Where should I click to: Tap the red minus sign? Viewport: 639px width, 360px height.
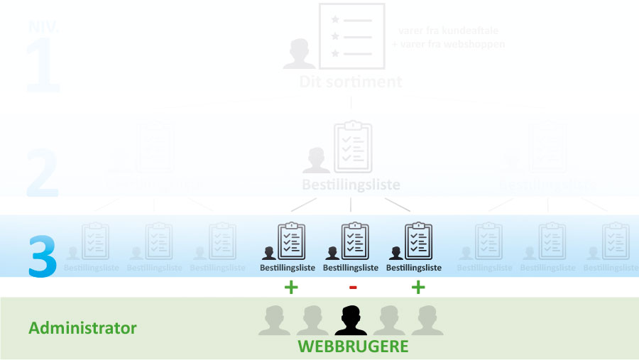tap(353, 288)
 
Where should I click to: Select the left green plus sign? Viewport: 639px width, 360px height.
tap(290, 288)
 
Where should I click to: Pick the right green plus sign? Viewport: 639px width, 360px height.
tap(418, 288)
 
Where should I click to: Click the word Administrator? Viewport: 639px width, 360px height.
tap(82, 328)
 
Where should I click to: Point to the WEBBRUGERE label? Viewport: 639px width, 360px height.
tap(353, 347)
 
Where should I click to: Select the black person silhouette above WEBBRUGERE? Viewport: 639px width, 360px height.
tap(351, 320)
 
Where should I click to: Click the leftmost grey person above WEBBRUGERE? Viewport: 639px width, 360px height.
tap(274, 320)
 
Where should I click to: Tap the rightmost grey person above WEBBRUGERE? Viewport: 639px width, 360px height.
tap(427, 320)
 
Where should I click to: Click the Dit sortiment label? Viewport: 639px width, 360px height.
tap(351, 82)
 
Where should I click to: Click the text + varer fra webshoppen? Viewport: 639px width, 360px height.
tap(449, 44)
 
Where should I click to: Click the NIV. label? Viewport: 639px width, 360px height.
tap(43, 27)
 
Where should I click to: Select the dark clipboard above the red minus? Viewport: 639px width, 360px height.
tap(354, 241)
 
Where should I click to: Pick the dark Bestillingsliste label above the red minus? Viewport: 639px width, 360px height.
tap(351, 268)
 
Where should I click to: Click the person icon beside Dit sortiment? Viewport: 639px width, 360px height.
tap(299, 55)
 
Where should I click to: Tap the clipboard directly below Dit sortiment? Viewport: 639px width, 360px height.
tap(353, 147)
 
